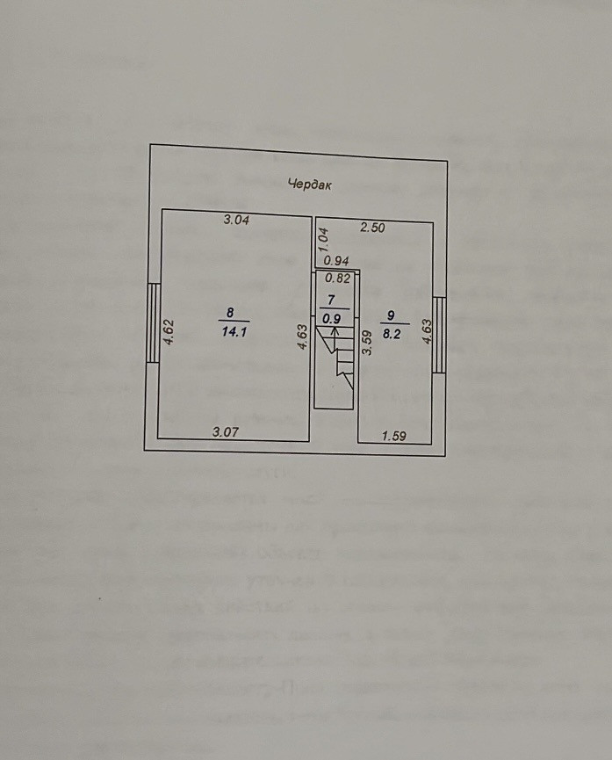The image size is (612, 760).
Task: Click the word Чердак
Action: [x=311, y=185]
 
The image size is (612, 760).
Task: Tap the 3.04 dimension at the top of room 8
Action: [x=236, y=221]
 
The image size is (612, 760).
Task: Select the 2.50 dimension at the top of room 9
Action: [x=373, y=228]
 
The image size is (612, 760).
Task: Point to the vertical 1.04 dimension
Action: [x=323, y=236]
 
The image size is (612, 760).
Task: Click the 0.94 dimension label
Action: [x=336, y=260]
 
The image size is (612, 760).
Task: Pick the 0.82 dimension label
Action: [x=338, y=279]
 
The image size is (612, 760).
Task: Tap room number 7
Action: [x=331, y=300]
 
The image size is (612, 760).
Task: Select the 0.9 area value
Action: [x=331, y=319]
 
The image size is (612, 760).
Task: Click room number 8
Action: [x=230, y=312]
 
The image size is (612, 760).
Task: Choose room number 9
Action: [x=391, y=315]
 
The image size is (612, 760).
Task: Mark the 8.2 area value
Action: [x=391, y=334]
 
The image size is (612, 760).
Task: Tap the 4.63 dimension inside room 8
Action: [x=301, y=338]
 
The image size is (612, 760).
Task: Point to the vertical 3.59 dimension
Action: [x=368, y=340]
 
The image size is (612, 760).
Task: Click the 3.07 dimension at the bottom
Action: [x=227, y=431]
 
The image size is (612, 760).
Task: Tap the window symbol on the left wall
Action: [x=153, y=322]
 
